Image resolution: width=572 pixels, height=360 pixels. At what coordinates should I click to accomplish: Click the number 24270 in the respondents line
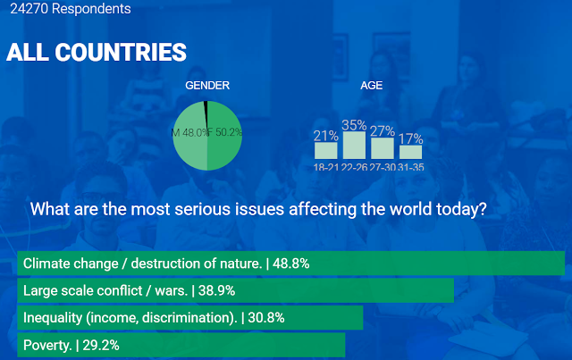pos(29,8)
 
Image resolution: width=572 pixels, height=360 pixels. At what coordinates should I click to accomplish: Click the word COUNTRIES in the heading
pos(121,52)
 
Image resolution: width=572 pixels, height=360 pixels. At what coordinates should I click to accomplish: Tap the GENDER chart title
pos(207,86)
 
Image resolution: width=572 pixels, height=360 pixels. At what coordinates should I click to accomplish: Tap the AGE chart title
pos(372,86)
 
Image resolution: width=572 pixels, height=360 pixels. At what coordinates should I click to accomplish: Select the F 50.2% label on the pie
pos(224,132)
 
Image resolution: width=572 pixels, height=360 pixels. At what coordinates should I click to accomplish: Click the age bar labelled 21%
pos(325,150)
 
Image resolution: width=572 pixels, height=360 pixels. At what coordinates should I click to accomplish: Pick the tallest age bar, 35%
pos(354,146)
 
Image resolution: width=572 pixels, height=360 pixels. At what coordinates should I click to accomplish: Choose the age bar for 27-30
pos(383,148)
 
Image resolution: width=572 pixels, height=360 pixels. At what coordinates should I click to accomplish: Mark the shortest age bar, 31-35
pos(411,152)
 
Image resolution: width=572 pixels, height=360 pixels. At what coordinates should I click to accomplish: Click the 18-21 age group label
pos(326,167)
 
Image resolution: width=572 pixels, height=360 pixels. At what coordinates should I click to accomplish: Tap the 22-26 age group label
pos(354,167)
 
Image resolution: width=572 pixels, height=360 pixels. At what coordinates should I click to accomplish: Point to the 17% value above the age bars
pos(411,138)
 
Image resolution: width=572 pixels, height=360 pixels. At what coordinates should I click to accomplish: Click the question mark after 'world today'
pos(483,209)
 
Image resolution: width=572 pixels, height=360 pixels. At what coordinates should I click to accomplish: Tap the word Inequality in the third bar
pos(53,318)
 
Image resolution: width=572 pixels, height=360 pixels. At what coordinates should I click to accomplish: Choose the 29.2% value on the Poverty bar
pos(101,345)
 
